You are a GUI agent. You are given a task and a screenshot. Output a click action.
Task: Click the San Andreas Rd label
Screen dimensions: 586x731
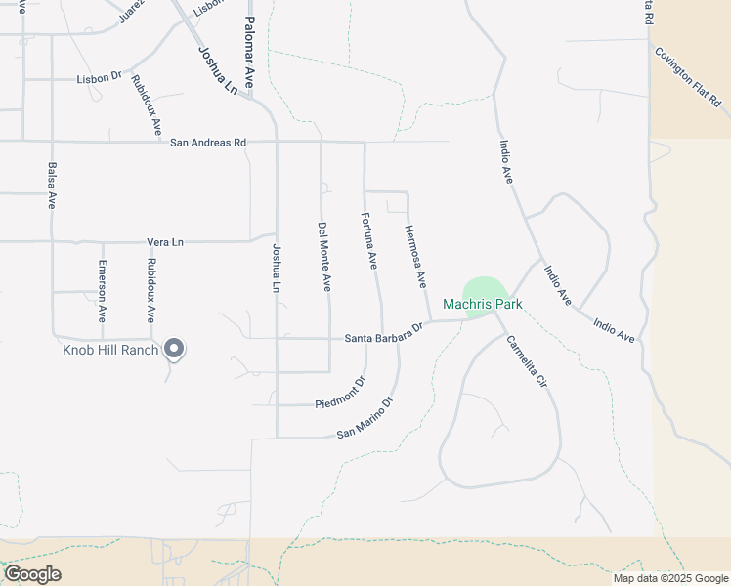[208, 143]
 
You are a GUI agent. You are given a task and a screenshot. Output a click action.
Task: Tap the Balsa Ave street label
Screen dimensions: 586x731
[52, 186]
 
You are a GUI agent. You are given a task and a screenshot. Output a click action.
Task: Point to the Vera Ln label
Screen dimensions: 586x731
[165, 241]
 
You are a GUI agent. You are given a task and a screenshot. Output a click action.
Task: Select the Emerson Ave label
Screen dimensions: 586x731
[103, 292]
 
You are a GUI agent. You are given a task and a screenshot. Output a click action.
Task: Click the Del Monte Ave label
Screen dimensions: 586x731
[323, 257]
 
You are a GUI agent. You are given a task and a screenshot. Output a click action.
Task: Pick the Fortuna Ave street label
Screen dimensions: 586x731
[369, 241]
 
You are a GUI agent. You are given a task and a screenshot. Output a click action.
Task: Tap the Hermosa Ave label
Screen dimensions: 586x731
[415, 256]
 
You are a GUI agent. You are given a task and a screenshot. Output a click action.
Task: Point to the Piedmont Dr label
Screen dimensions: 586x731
[341, 393]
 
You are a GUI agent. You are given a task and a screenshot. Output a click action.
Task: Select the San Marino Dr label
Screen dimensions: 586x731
[365, 417]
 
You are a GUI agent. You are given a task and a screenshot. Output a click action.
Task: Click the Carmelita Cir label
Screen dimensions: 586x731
[525, 363]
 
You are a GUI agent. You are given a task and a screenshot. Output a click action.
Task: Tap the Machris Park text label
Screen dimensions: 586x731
[483, 305]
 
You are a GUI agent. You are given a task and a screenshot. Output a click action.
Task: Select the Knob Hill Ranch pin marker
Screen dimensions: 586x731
[174, 348]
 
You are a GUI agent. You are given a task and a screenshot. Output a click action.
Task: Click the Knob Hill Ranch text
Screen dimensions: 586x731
[110, 350]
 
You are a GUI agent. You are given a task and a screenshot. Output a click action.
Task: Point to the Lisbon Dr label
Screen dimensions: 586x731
[100, 76]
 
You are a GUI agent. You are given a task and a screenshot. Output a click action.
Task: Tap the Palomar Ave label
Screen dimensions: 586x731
[249, 52]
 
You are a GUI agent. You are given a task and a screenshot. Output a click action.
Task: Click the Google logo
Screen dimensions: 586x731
[32, 574]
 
